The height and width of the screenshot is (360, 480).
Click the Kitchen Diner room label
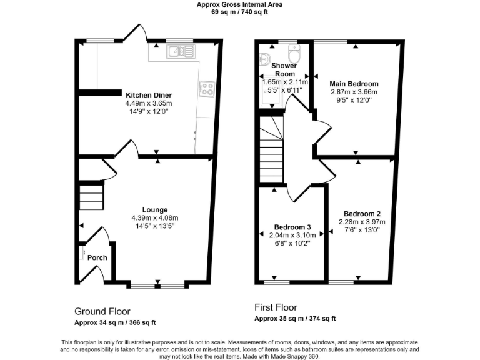pos(149,95)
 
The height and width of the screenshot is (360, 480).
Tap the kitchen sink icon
pos(180,53)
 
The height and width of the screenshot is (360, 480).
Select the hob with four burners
pos(206,89)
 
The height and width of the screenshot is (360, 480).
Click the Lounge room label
pos(154,209)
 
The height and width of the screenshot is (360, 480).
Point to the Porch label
pos(97,257)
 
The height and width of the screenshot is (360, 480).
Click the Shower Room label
pos(284,69)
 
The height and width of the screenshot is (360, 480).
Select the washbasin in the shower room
pos(265,60)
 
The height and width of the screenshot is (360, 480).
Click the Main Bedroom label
pos(354,83)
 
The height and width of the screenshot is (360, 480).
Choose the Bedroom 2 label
pos(362,213)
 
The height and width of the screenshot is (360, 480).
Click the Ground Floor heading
pos(102,311)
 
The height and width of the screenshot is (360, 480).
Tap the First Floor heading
pos(276,307)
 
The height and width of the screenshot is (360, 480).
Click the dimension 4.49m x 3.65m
pos(149,103)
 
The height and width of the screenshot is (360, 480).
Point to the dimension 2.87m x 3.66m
pos(354,91)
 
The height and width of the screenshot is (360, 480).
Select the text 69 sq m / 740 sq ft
pos(239,11)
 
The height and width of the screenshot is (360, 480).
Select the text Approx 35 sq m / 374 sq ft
pos(295,319)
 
